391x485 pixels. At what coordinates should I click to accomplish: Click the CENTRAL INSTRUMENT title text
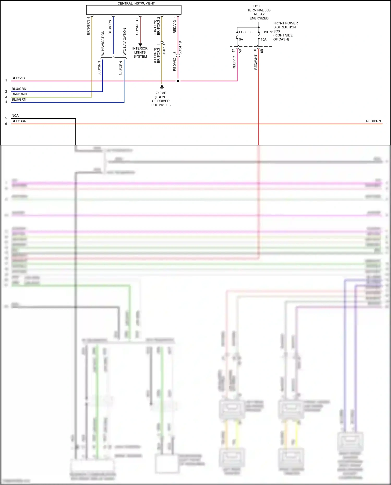[x=136, y=3]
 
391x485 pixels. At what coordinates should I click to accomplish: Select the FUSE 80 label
[x=246, y=32]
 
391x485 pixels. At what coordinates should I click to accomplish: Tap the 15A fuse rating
[x=263, y=40]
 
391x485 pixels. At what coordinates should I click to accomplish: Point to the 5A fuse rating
[x=241, y=40]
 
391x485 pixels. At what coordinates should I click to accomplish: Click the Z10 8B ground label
[x=161, y=93]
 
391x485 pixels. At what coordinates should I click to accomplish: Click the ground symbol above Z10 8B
[x=162, y=87]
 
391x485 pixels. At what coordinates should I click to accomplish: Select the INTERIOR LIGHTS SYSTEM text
[x=140, y=52]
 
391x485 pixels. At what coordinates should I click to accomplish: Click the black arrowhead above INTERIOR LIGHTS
[x=140, y=45]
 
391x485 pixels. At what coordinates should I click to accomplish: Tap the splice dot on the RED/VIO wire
[x=178, y=81]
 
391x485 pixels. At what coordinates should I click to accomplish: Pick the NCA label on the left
[x=15, y=116]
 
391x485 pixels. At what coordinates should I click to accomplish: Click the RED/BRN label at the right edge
[x=373, y=121]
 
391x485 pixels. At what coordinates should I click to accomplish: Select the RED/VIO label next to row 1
[x=18, y=78]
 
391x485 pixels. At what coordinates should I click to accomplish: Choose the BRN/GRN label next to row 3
[x=19, y=94]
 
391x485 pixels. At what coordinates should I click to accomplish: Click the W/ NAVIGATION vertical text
[x=103, y=43]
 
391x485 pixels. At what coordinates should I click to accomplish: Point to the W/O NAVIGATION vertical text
[x=125, y=41]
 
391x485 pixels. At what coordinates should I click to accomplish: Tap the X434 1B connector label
[x=180, y=47]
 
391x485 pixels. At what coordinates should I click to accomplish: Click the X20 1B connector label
[x=164, y=49]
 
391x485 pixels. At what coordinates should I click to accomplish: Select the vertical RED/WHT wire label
[x=256, y=62]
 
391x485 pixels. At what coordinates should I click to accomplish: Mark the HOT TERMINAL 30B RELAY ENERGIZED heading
[x=259, y=12]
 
